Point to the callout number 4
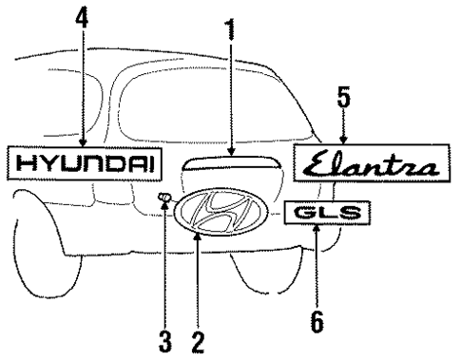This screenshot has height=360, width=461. pyautogui.click(x=84, y=19)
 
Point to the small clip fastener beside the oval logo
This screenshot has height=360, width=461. pyautogui.click(x=164, y=199)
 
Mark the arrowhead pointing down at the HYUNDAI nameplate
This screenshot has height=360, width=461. pyautogui.click(x=85, y=141)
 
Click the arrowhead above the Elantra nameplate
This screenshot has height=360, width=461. pyautogui.click(x=343, y=141)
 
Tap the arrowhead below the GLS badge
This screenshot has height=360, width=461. pyautogui.click(x=317, y=232)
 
